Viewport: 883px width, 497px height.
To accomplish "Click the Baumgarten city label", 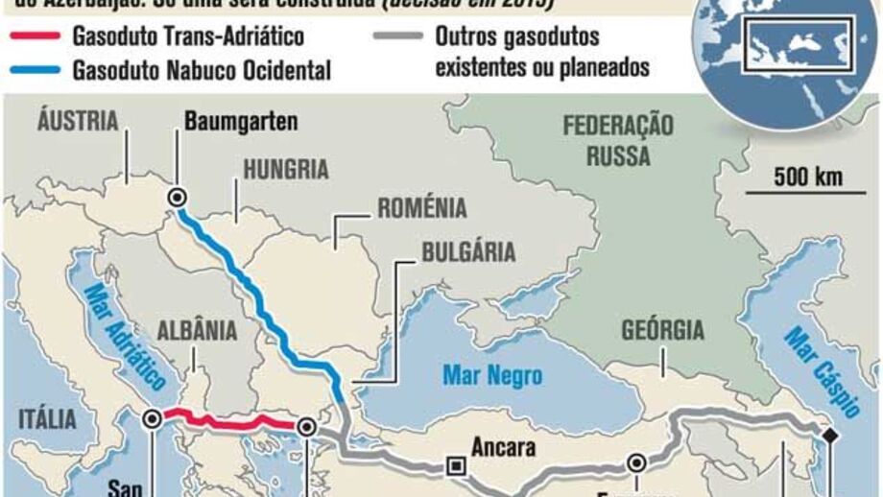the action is (241, 122).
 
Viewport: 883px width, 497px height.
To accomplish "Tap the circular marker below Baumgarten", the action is (177, 197).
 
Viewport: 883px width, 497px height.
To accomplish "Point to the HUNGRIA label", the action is (285, 170).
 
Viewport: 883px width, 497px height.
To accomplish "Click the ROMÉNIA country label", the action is (421, 207).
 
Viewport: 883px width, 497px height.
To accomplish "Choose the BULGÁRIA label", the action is (468, 252).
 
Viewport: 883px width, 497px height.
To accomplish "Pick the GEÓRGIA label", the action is (662, 330).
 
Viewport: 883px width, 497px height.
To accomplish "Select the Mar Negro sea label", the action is (492, 374).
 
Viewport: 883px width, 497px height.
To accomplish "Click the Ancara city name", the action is (504, 447).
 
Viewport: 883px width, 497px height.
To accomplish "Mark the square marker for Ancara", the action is (455, 467).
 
